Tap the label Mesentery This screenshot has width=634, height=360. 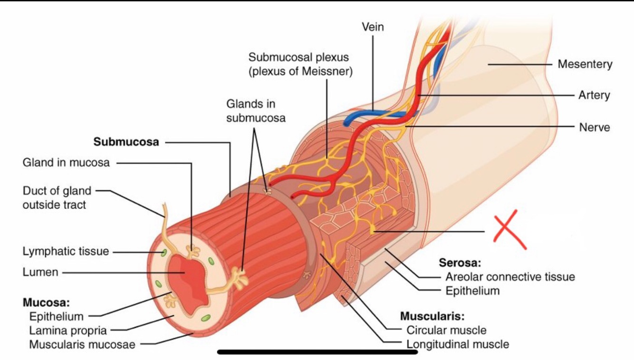click(585, 64)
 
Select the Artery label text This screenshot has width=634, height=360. click(594, 95)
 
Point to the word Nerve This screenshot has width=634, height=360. click(594, 127)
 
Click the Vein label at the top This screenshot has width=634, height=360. click(373, 27)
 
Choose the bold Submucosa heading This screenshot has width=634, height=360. click(126, 142)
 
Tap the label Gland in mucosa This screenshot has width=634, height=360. click(66, 163)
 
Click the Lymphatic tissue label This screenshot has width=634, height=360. click(66, 251)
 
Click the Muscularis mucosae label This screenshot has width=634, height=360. click(82, 344)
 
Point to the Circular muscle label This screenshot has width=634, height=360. click(446, 330)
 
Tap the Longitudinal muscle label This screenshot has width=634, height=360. click(458, 344)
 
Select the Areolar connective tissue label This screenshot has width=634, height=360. click(510, 276)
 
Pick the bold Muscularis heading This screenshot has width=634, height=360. click(432, 316)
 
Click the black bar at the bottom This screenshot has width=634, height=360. click(317, 352)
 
